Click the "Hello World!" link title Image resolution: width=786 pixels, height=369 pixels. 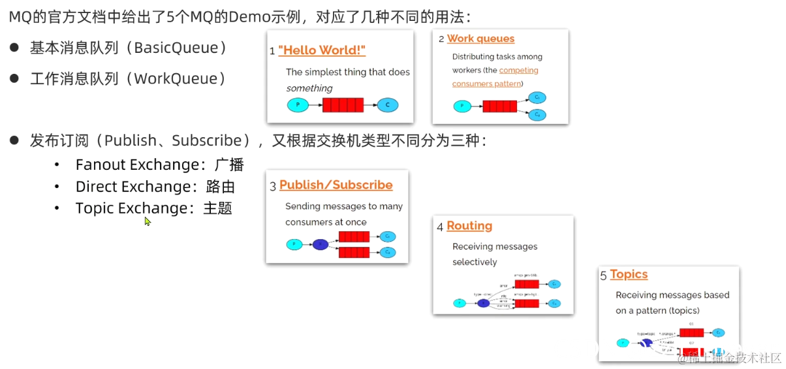(321, 50)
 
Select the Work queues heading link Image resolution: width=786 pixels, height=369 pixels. (480, 39)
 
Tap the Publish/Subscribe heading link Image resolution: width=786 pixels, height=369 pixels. (336, 185)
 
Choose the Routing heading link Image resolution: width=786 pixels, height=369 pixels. (469, 225)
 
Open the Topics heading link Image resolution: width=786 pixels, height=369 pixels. (629, 274)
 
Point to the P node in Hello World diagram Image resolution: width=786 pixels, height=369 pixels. (298, 104)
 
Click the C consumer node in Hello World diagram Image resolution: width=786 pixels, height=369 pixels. (387, 104)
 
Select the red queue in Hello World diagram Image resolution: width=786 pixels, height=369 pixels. (343, 104)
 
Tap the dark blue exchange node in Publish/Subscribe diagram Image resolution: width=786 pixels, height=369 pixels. (320, 245)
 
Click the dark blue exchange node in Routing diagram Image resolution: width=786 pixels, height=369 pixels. (483, 303)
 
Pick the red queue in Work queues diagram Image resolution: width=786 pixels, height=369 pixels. (499, 106)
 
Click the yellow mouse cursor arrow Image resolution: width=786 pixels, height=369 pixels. (148, 221)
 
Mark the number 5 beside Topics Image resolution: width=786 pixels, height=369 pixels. (603, 276)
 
